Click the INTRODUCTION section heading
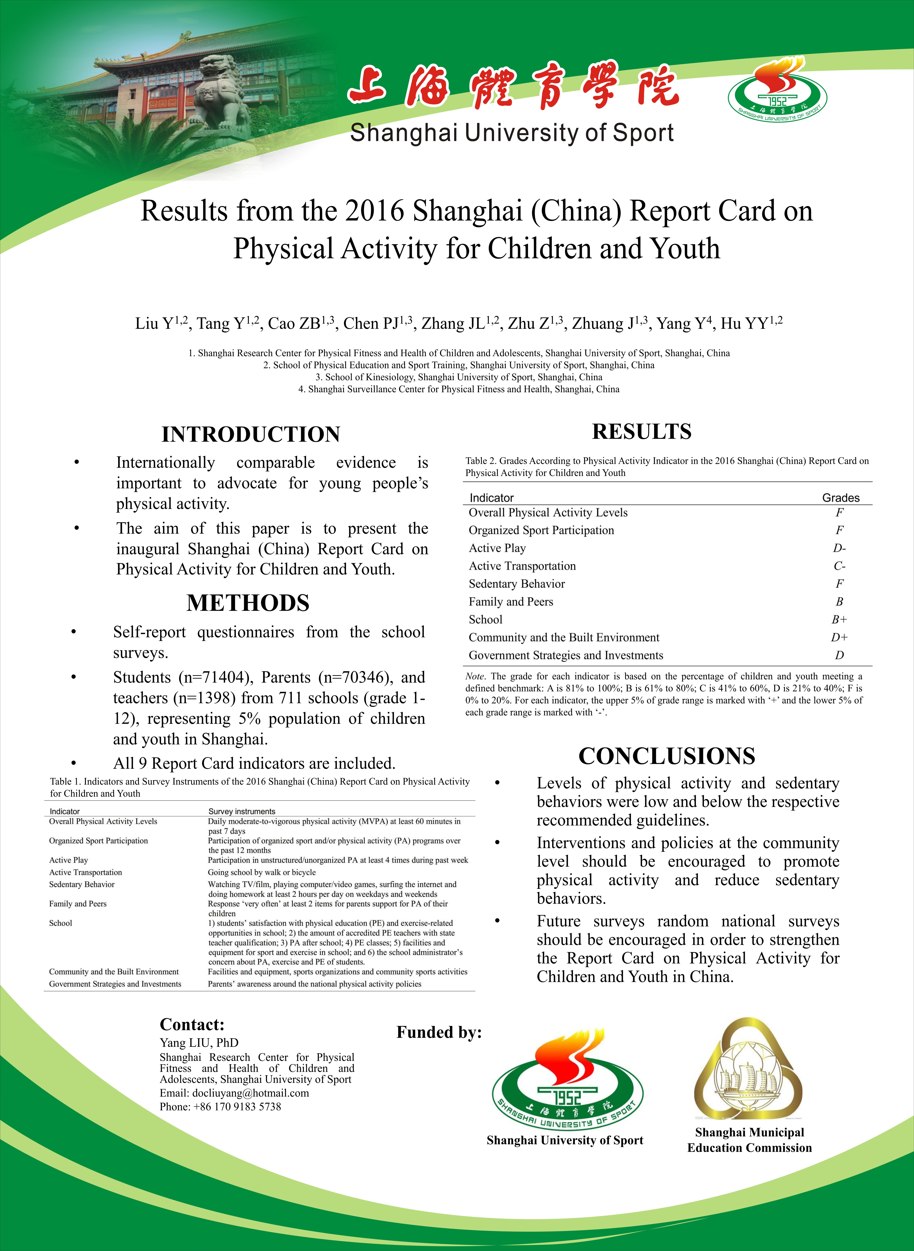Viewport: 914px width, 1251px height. [x=251, y=434]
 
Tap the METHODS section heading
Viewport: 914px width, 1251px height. [x=248, y=603]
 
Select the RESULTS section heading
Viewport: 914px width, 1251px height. [x=642, y=431]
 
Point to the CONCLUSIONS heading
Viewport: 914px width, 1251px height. [x=667, y=756]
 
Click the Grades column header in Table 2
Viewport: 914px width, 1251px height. [x=840, y=498]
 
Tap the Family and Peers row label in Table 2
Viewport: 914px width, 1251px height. [x=511, y=602]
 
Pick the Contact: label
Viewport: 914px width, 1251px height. [x=192, y=1025]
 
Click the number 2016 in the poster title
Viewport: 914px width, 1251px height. [x=375, y=211]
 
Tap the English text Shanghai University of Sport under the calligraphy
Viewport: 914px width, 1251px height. [x=512, y=133]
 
